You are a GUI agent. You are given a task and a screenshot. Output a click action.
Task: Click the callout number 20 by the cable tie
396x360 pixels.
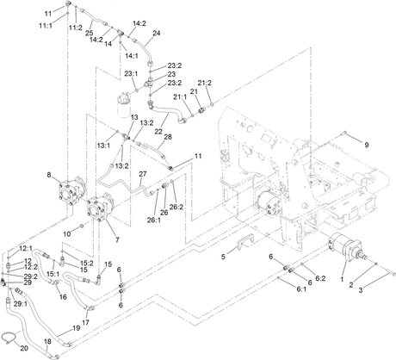[24, 348]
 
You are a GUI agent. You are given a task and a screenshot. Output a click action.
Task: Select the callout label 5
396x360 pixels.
[224, 257]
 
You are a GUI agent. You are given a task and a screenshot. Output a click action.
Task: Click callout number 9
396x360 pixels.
[367, 145]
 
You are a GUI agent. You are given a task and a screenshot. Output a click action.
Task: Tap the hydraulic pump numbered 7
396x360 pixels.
[101, 208]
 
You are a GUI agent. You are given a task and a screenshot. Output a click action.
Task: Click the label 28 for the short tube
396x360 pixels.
[168, 137]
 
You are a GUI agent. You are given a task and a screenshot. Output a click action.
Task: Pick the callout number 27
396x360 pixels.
[143, 174]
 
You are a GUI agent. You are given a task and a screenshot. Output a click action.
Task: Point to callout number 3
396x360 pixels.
[361, 290]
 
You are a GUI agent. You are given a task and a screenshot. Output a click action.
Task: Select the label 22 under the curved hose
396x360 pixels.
[158, 131]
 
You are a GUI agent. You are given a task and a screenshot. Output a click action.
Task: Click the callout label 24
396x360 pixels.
[157, 33]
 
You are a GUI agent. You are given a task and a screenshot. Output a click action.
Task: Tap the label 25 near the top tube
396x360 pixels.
[90, 33]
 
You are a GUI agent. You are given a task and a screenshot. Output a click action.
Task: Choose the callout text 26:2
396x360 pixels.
[176, 207]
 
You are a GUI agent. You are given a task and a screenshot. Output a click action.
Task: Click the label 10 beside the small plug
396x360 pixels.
[66, 234]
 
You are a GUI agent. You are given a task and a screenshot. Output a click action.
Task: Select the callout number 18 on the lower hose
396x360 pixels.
[47, 341]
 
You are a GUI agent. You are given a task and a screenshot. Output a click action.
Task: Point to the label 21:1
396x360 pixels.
[180, 96]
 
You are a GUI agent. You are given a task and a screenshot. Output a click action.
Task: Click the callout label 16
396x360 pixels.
[63, 296]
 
